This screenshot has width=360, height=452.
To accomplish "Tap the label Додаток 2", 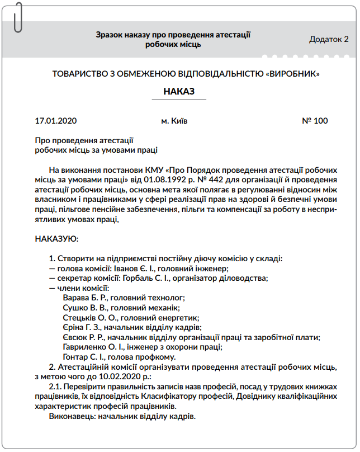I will [329, 39].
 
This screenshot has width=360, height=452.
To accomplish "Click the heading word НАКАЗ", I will [179, 91].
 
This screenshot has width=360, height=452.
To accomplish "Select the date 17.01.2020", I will [55, 121].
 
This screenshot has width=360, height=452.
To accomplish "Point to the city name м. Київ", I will [174, 121].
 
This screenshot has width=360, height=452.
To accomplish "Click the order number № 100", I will [315, 121].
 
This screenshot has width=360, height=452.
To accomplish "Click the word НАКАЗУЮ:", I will [57, 239].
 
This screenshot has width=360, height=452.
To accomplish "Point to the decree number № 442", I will [211, 180].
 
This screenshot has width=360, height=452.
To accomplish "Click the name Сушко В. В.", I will [83, 308].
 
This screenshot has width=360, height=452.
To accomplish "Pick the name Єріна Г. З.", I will [81, 327].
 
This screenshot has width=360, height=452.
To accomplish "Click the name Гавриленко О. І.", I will [93, 347].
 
